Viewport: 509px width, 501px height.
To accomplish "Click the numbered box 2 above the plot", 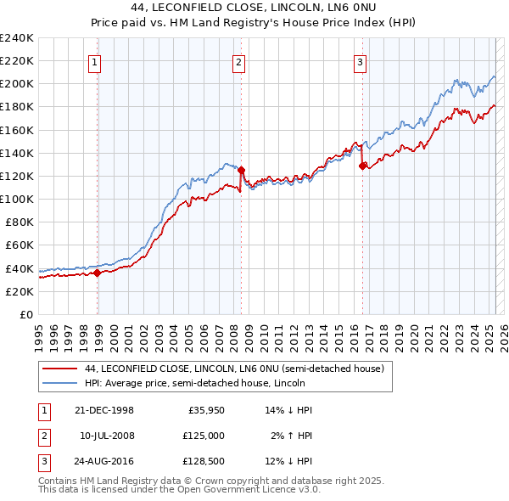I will pos(239,61).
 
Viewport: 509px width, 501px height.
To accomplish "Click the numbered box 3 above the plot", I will pos(361,61).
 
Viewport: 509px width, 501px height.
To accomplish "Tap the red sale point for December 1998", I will pos(98,273).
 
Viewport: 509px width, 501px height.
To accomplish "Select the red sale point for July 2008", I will pos(242,170).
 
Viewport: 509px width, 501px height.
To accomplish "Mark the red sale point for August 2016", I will pos(363,166).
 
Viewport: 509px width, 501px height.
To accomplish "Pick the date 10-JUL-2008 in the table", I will pos(107,436).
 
